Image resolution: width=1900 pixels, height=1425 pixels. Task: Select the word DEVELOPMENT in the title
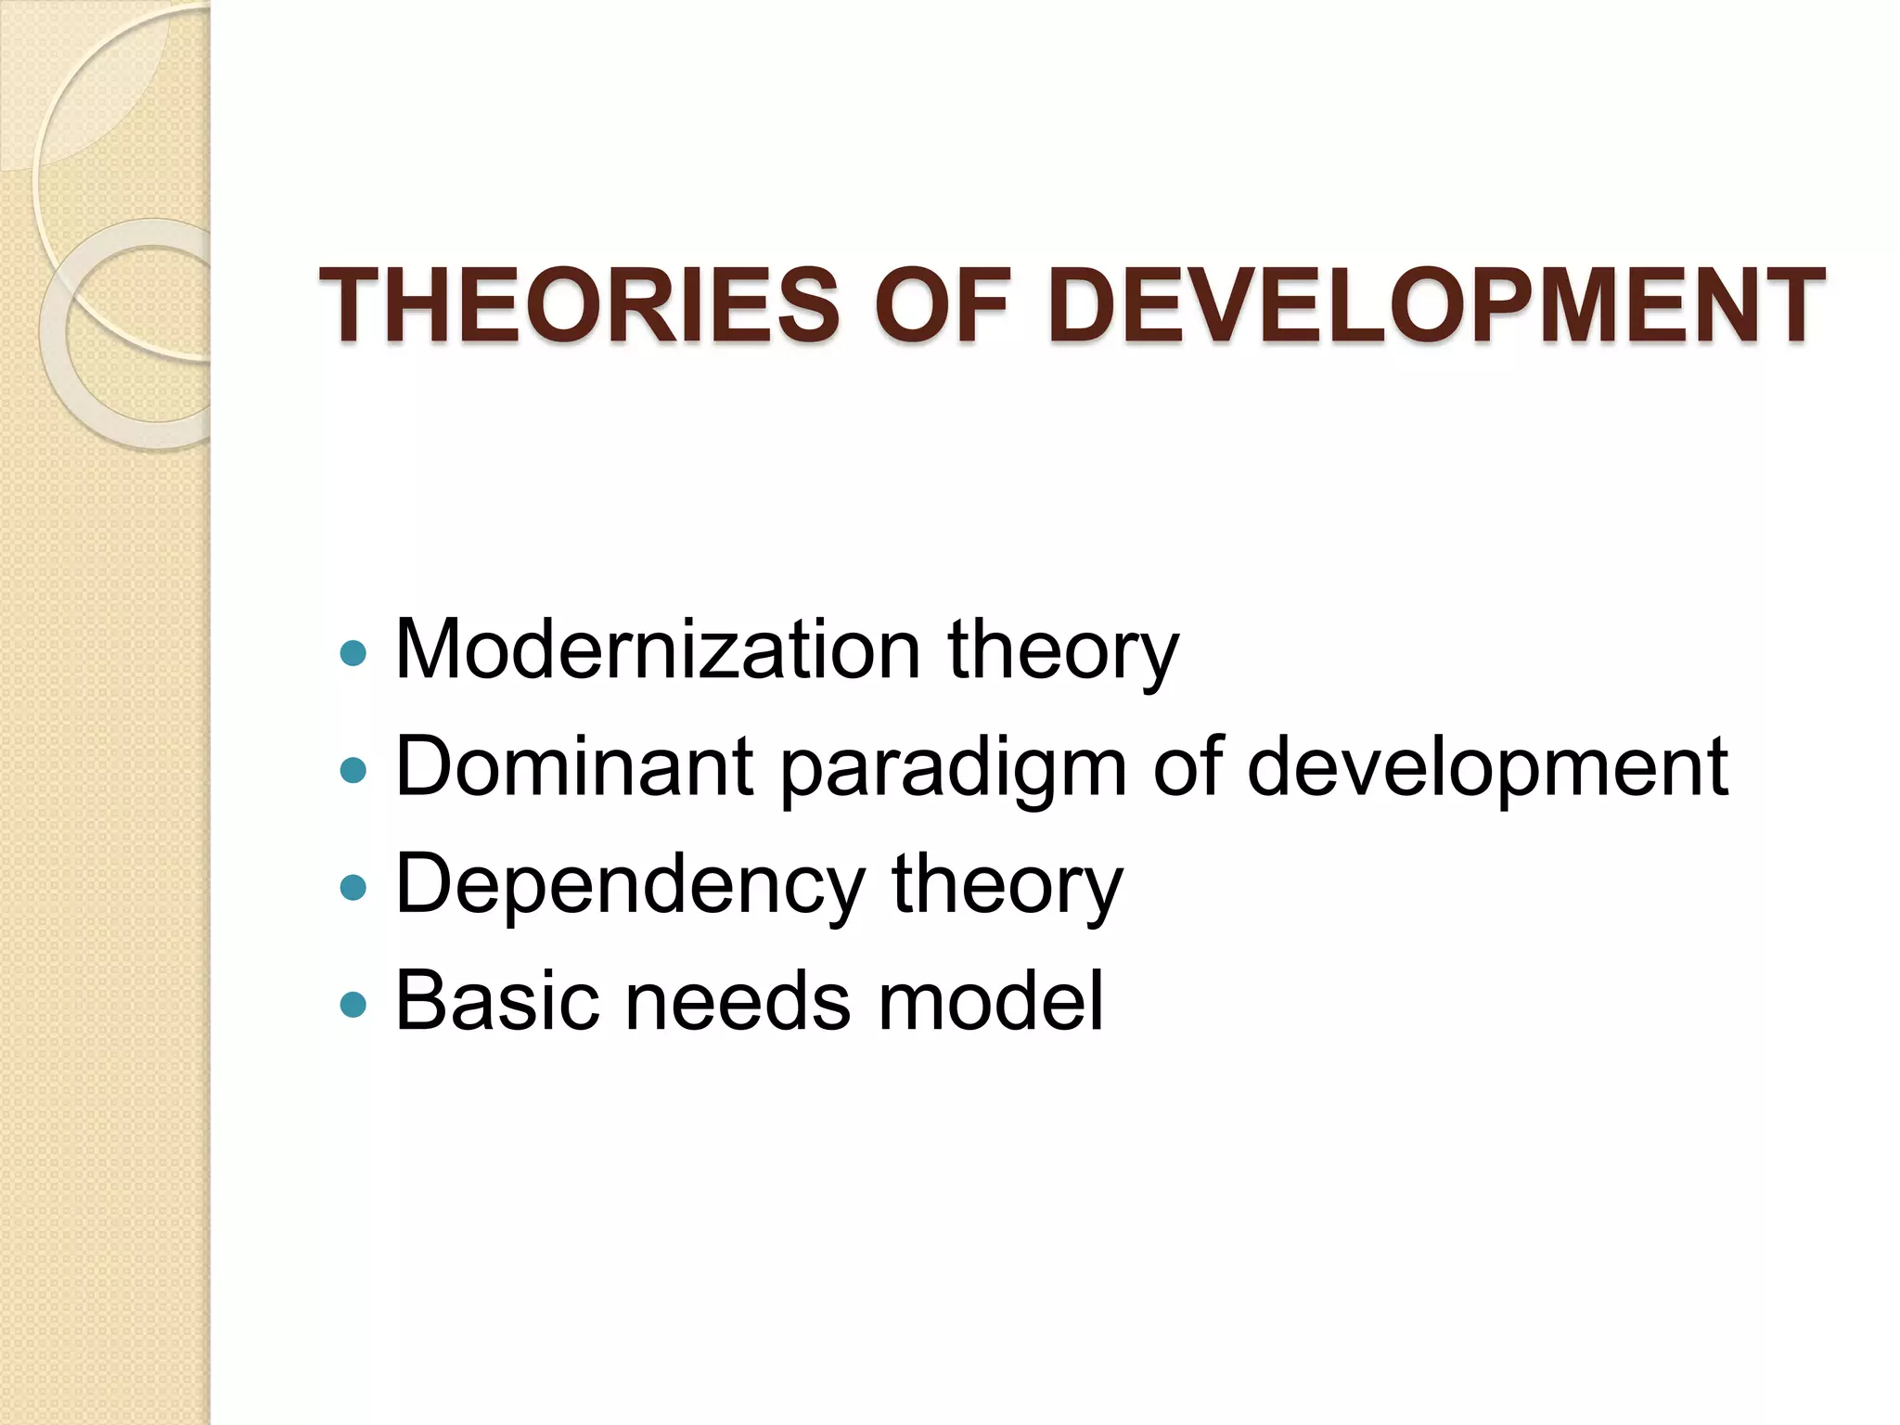tap(1436, 304)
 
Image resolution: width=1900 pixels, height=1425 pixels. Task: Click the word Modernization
tap(658, 648)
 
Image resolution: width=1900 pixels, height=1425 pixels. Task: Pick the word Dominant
tap(574, 765)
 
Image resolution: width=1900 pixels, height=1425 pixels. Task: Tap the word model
tap(990, 1001)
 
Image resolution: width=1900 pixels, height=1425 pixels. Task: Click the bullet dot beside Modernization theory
tap(353, 653)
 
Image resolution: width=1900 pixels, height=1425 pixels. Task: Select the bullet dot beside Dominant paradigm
tap(353, 770)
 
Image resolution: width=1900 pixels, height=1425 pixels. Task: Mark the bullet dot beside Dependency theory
tap(353, 888)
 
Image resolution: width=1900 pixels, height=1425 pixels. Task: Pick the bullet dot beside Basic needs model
tap(353, 1004)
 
